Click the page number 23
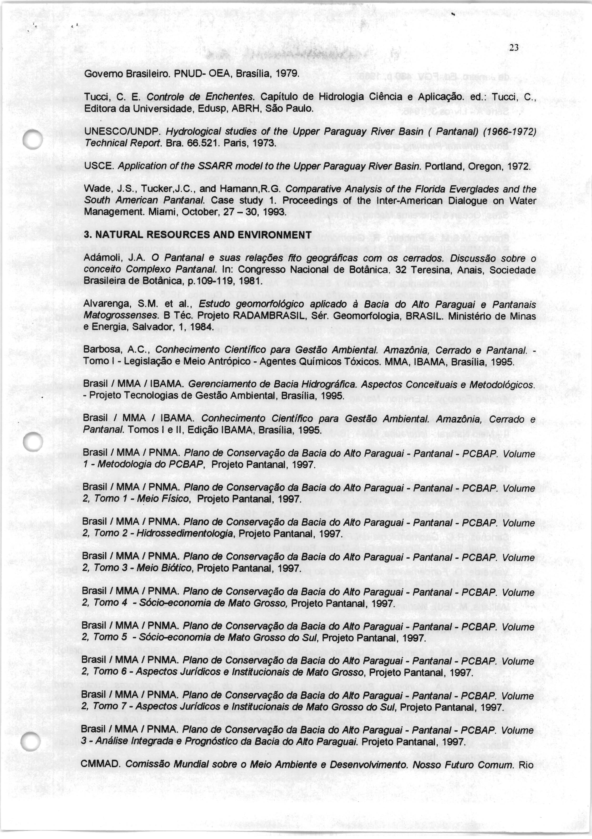[x=514, y=48]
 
